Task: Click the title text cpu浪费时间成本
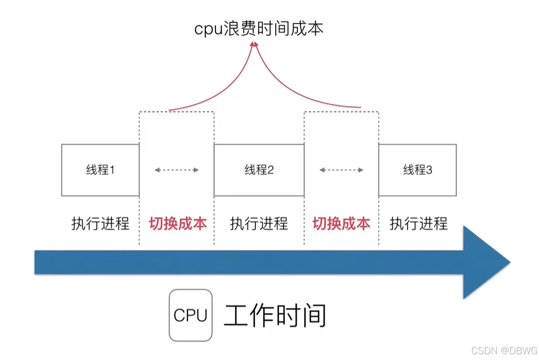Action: [x=259, y=28]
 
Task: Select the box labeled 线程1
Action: [x=100, y=170]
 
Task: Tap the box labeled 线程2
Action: [x=259, y=170]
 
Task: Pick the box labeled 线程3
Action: [x=418, y=170]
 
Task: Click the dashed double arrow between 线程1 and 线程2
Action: [x=177, y=170]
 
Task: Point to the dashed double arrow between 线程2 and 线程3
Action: [x=342, y=170]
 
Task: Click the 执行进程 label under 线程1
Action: [x=100, y=223]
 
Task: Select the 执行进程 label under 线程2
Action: [x=259, y=223]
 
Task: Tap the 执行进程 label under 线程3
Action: [x=419, y=223]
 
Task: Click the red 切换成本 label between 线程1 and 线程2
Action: [x=178, y=223]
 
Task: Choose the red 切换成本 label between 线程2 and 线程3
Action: [x=341, y=223]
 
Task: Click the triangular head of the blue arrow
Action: [x=486, y=262]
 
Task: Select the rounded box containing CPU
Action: [x=190, y=315]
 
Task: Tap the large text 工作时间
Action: [x=275, y=315]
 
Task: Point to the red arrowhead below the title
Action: [x=255, y=45]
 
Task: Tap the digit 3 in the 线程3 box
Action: [x=429, y=170]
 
